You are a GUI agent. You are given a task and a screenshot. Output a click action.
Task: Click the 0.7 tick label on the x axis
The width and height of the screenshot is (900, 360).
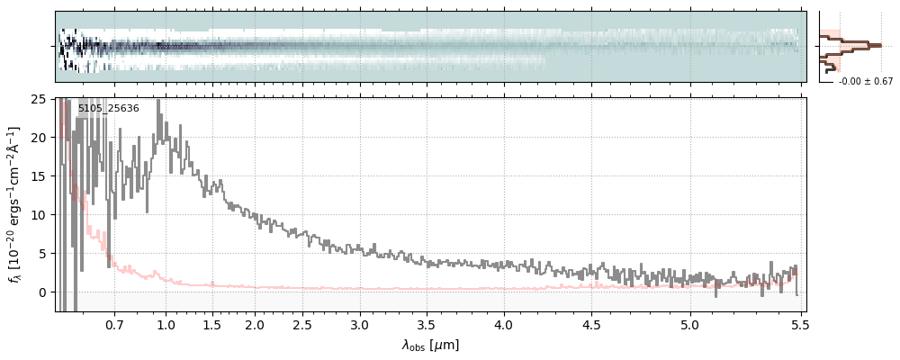114,324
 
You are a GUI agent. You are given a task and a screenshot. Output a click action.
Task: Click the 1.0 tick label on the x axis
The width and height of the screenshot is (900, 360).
166,324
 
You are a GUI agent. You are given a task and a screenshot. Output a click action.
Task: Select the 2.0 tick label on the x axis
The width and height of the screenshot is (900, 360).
255,324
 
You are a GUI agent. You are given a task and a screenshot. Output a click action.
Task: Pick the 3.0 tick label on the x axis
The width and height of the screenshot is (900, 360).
359,324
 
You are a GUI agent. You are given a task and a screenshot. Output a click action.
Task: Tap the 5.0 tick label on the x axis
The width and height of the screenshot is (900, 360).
689,324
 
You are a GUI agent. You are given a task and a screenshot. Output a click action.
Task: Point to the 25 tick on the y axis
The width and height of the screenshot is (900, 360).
40,99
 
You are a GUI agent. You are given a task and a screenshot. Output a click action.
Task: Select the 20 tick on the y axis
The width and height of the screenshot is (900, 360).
40,138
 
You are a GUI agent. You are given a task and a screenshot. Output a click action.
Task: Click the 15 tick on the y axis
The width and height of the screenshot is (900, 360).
40,176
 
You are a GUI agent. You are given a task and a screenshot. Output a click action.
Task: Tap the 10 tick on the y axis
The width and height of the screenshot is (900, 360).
40,215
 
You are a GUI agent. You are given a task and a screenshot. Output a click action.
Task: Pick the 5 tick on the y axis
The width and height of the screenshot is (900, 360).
43,254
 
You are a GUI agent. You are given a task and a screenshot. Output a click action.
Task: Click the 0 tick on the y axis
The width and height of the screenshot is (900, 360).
43,292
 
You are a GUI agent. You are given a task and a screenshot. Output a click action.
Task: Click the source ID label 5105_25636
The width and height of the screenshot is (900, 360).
108,109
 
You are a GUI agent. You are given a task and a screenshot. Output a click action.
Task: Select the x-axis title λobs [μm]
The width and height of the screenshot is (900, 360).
430,345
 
